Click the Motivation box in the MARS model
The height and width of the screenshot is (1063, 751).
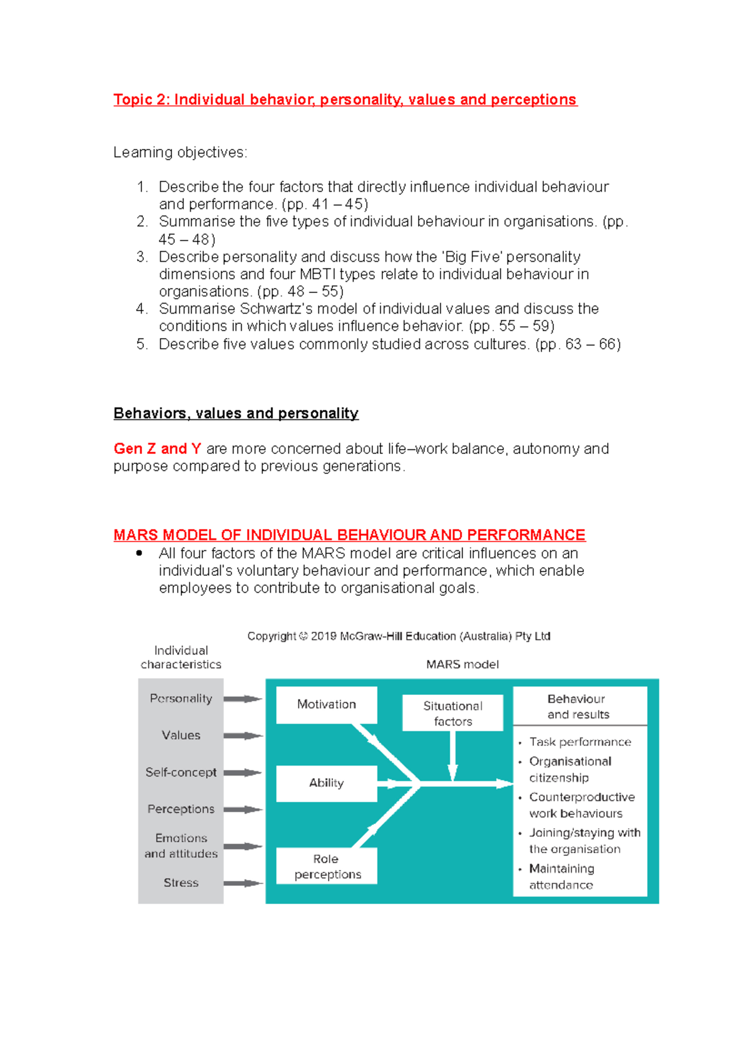[326, 705]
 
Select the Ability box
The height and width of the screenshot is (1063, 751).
[326, 783]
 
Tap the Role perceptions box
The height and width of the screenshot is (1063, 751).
[326, 866]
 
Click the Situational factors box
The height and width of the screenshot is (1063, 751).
[452, 713]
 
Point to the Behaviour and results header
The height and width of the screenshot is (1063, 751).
[579, 706]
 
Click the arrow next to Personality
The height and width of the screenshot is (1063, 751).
[243, 699]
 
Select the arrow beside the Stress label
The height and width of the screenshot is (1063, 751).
[243, 883]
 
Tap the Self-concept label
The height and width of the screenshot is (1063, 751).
[181, 773]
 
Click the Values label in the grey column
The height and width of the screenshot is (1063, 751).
[181, 736]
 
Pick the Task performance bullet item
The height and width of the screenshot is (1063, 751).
[580, 742]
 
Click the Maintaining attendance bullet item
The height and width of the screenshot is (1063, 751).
[561, 876]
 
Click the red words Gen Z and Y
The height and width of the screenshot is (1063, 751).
[157, 449]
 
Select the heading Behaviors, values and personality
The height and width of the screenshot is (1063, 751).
[236, 413]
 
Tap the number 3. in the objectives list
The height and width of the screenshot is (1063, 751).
[142, 257]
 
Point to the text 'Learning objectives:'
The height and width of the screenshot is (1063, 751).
[180, 152]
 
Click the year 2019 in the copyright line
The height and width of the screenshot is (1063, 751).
[324, 636]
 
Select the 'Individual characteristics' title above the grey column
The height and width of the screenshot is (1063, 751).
[181, 657]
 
